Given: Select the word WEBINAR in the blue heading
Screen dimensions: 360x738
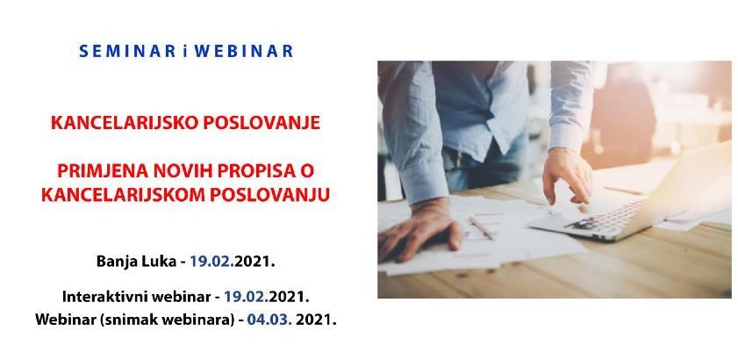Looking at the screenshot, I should pyautogui.click(x=247, y=51).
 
